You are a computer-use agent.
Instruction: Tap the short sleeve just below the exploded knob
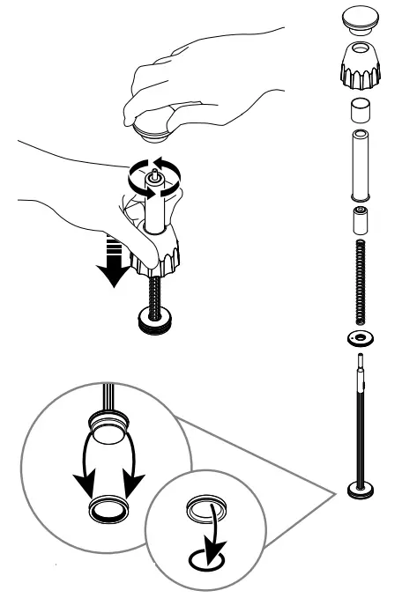point(360,111)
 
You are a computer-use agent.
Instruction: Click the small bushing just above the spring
point(360,219)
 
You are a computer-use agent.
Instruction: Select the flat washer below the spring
point(360,338)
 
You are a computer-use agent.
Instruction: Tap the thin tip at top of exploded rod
point(360,360)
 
